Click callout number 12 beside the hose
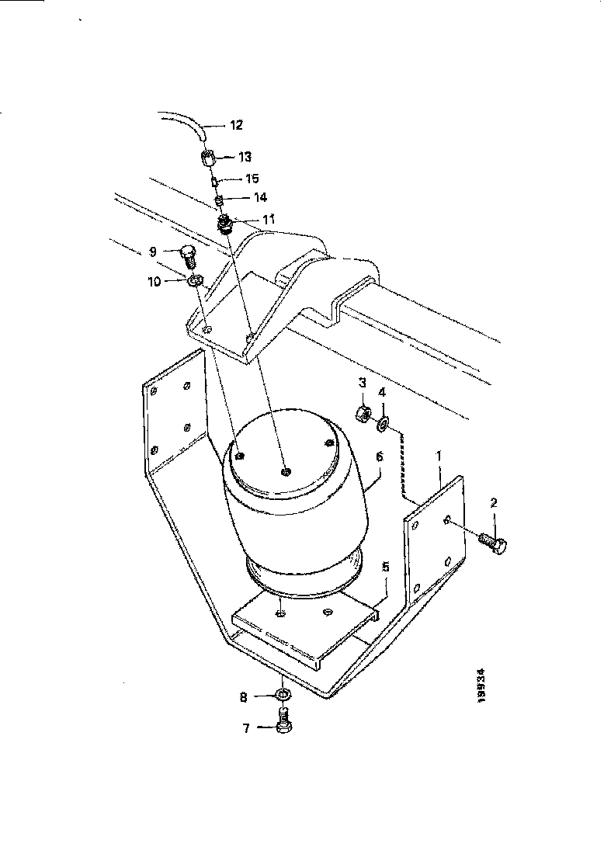coord(236,124)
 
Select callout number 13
coord(245,158)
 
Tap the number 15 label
coord(252,179)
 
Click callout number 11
coord(268,220)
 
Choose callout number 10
coord(154,282)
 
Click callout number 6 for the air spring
coord(380,457)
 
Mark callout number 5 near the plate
coord(385,568)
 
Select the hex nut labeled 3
coord(362,413)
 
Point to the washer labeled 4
coord(382,424)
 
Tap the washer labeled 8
coord(283,693)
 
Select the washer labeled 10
coord(196,279)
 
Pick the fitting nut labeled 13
coord(208,159)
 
